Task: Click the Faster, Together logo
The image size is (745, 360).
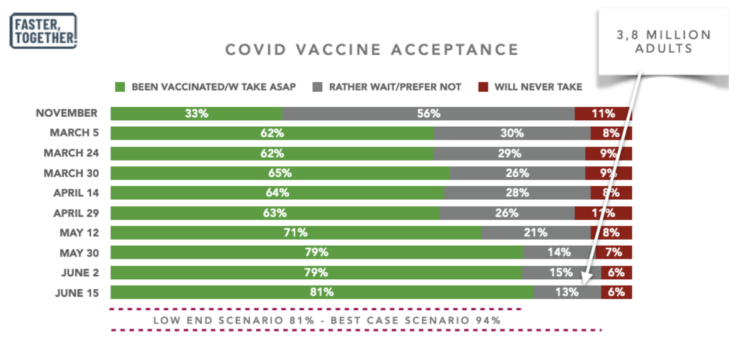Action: [43, 30]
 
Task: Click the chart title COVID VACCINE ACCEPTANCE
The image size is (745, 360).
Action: [371, 50]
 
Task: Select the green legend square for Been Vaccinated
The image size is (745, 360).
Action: [120, 87]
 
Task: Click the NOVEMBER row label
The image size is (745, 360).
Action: [66, 113]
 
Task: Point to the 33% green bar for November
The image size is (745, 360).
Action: [196, 114]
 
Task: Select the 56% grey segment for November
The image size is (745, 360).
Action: [428, 114]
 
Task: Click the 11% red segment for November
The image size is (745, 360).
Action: [603, 114]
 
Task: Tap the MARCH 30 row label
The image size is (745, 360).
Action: [70, 173]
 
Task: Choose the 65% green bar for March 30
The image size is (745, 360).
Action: [279, 173]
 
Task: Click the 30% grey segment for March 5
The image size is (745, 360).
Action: [512, 133]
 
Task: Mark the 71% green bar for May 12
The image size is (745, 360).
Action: [296, 233]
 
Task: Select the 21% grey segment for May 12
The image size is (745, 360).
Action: [535, 233]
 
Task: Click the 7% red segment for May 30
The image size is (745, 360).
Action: [613, 253]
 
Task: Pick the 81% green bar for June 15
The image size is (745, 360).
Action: [322, 292]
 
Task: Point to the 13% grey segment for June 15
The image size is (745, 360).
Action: [567, 292]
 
